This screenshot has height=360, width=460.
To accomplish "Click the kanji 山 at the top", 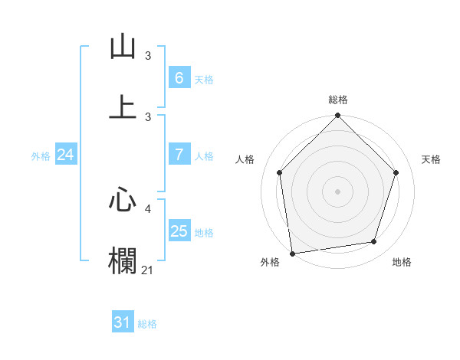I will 123,47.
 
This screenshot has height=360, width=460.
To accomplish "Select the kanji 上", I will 123,106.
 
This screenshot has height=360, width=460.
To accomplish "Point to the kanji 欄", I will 123,260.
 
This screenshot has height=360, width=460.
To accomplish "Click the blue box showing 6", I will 179,77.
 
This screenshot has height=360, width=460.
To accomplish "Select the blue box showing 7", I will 179,155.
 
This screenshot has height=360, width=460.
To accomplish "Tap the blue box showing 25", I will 179,231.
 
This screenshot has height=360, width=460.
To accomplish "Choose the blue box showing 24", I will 65,155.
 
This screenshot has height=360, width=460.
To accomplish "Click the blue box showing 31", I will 123,322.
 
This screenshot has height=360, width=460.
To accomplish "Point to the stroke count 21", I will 148,270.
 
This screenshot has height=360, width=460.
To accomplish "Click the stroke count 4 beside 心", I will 149,208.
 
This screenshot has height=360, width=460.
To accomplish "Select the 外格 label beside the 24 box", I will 41,156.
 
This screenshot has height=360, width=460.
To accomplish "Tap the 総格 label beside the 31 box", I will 147,324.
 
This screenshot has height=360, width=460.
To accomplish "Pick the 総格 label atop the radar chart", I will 338,100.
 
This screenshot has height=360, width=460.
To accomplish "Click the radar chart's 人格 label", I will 245,159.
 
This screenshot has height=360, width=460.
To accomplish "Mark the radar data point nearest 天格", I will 396,172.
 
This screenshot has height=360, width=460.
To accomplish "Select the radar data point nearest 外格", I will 292,253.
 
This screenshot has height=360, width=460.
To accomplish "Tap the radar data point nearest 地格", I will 374,242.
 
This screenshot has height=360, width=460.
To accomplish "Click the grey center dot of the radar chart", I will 338,191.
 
